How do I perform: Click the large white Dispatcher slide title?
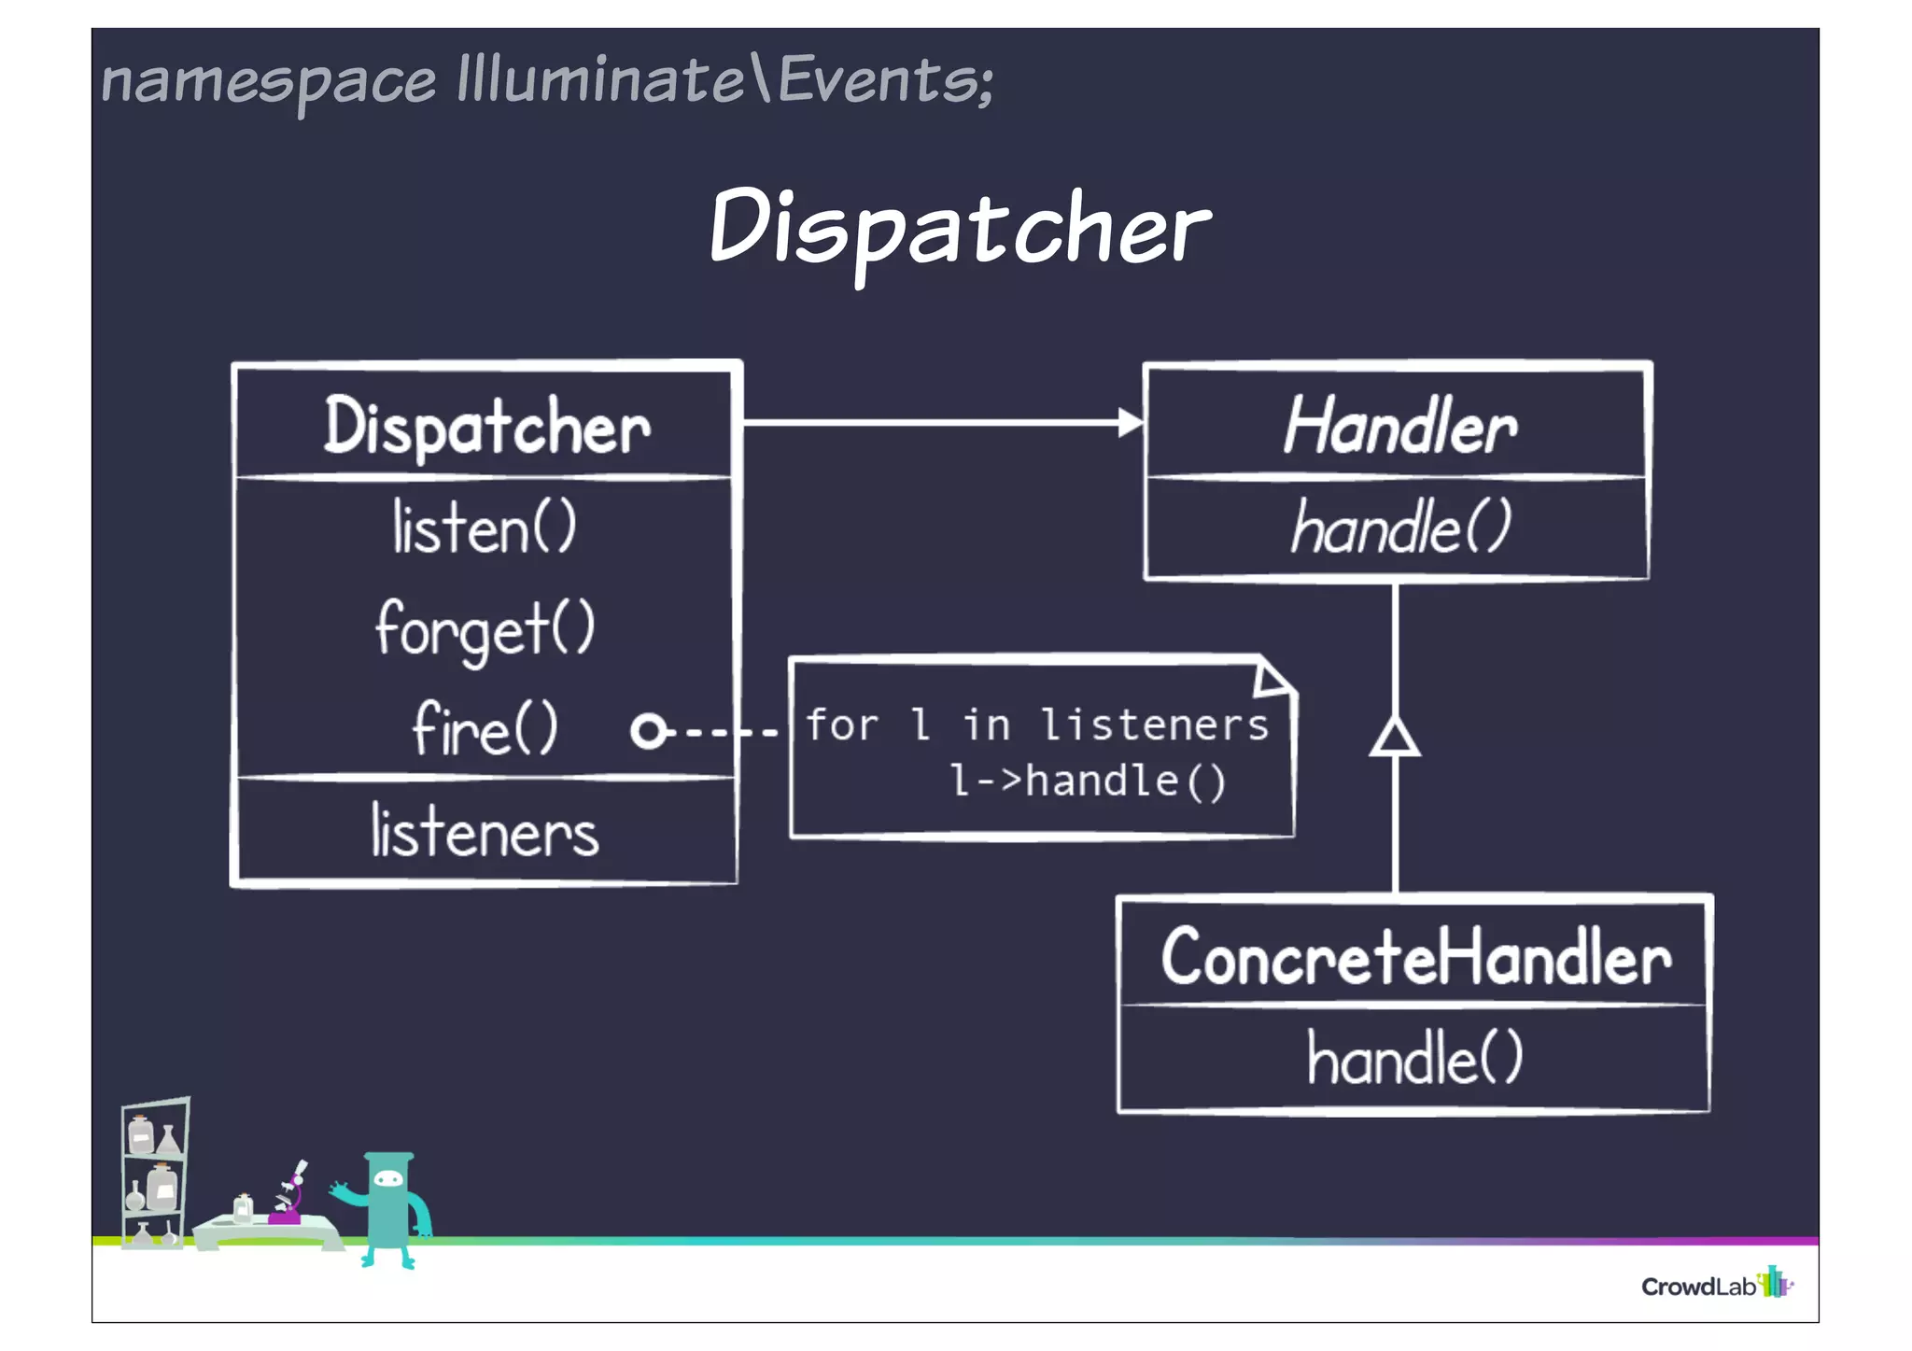pyautogui.click(x=960, y=229)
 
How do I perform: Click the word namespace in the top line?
pyautogui.click(x=268, y=81)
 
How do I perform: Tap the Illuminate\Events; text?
pyautogui.click(x=725, y=79)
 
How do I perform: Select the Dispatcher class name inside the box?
pyautogui.click(x=486, y=427)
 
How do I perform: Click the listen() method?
pyautogui.click(x=485, y=528)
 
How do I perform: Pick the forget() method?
pyautogui.click(x=485, y=629)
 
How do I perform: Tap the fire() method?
pyautogui.click(x=485, y=728)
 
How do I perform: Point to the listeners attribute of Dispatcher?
pyautogui.click(x=485, y=832)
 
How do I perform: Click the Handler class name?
pyautogui.click(x=1399, y=427)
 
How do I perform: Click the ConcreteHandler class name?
pyautogui.click(x=1415, y=958)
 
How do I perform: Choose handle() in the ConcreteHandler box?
pyautogui.click(x=1414, y=1059)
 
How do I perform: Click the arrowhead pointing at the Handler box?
pyautogui.click(x=1130, y=423)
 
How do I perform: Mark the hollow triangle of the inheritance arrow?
pyautogui.click(x=1395, y=738)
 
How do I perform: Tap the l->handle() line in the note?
pyautogui.click(x=1087, y=781)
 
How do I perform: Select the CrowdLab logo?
pyautogui.click(x=1716, y=1285)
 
